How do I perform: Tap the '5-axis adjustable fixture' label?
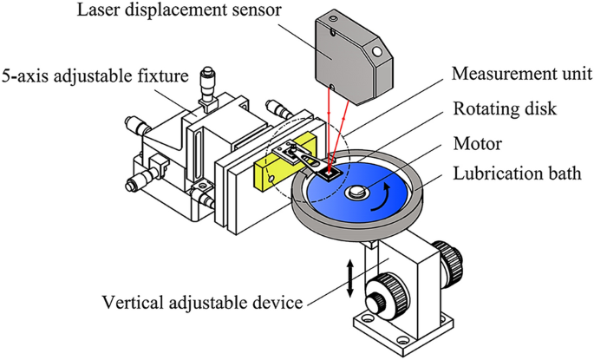coord(95,77)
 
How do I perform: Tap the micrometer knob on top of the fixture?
coord(207,81)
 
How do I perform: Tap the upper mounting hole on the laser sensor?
coord(374,49)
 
